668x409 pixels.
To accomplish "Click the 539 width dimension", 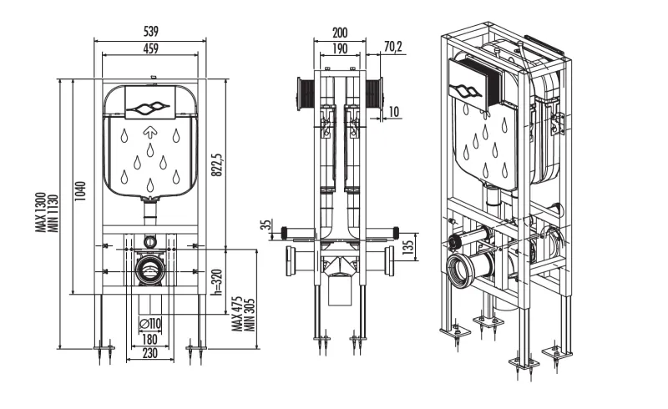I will (x=149, y=31).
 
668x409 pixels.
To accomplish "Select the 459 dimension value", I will (x=149, y=49).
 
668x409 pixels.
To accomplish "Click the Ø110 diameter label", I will (x=149, y=323).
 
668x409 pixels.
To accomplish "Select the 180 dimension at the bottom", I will (x=149, y=339).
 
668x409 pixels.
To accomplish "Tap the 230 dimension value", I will (x=149, y=353).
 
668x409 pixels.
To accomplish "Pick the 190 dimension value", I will (x=340, y=49).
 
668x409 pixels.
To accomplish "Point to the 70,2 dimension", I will (x=393, y=48).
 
